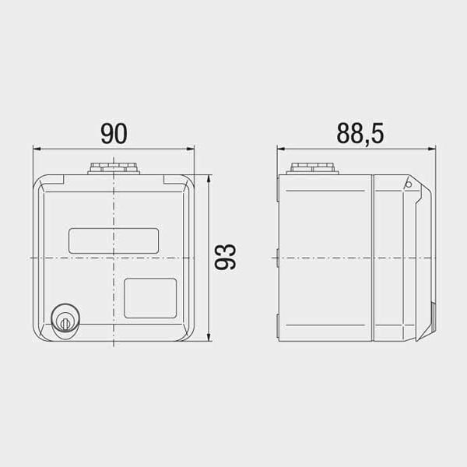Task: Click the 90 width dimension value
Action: tap(114, 133)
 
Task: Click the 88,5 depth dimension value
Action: tap(360, 133)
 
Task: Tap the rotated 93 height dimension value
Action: tap(226, 257)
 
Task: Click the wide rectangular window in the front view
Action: tap(114, 241)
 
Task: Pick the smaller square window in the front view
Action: tap(150, 298)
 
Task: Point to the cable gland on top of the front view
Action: tap(114, 168)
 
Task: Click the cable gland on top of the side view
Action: tap(312, 168)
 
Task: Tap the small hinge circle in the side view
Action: tap(409, 184)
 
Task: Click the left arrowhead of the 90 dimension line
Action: tap(37, 149)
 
